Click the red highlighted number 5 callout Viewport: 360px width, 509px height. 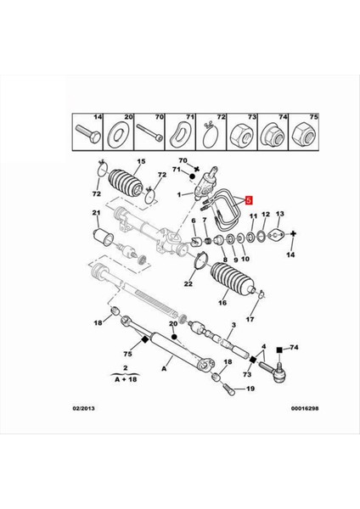pyautogui.click(x=249, y=202)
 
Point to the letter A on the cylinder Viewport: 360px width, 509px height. pyautogui.click(x=164, y=370)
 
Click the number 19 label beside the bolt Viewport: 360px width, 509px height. pyautogui.click(x=250, y=389)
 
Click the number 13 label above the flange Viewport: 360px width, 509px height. pyautogui.click(x=280, y=215)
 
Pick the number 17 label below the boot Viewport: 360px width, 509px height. pyautogui.click(x=250, y=320)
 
